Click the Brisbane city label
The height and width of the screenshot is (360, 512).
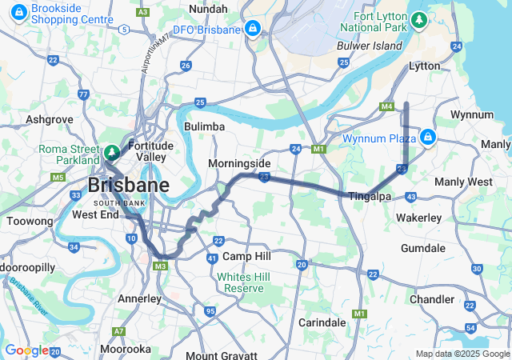click(x=128, y=186)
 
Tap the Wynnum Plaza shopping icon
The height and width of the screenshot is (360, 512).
click(x=429, y=137)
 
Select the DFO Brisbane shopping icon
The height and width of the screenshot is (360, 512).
click(x=253, y=29)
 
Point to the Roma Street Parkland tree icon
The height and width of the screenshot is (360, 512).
click(x=111, y=151)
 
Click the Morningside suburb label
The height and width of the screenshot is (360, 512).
click(x=239, y=163)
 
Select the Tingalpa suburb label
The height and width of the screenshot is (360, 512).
click(x=369, y=196)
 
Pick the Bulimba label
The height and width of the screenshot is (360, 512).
click(x=204, y=126)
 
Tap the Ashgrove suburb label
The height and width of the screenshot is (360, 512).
click(x=50, y=119)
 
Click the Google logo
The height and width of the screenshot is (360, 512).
click(x=26, y=350)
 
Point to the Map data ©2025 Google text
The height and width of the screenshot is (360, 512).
click(x=462, y=354)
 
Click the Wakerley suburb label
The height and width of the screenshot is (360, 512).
click(x=418, y=218)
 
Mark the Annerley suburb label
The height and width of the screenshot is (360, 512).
click(x=139, y=298)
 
